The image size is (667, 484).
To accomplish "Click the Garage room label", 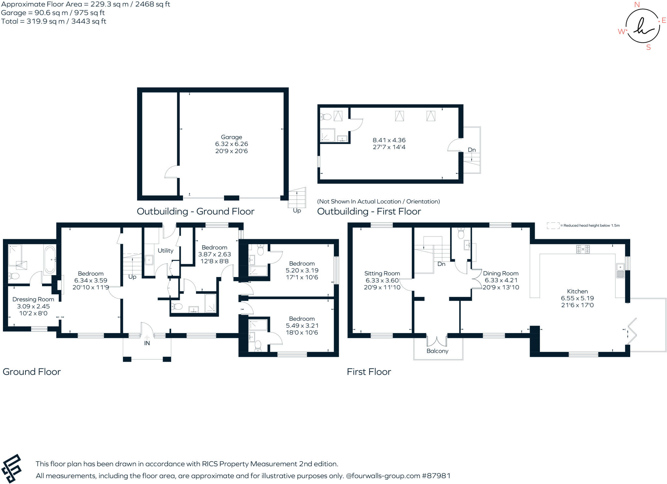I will click(231, 137).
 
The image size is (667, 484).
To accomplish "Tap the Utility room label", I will click(165, 251).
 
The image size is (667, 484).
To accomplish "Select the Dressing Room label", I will click(33, 299).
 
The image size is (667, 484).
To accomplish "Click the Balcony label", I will click(437, 351).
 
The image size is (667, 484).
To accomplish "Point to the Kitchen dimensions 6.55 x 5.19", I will click(577, 298).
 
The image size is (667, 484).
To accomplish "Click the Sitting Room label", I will click(382, 273).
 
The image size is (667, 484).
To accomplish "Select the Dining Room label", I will click(501, 273).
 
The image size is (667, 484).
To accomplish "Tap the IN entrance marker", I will click(147, 343).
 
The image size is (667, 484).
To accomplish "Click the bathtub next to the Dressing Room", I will click(50, 259).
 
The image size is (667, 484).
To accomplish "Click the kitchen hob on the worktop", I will click(583, 249).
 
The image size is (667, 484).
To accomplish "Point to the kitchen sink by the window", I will click(620, 271).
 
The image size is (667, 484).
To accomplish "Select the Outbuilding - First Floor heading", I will click(369, 212).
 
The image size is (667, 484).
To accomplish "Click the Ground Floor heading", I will click(32, 372).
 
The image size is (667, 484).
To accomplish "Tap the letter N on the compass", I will click(637, 5).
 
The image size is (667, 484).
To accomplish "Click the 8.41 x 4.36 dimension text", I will click(389, 140).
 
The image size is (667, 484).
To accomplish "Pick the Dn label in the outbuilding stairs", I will click(472, 150).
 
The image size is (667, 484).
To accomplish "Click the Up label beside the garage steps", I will click(297, 211).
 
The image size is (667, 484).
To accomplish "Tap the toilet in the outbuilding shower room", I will click(326, 116).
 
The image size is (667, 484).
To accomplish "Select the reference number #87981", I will click(436, 476).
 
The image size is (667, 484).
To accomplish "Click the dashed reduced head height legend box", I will click(553, 226).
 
